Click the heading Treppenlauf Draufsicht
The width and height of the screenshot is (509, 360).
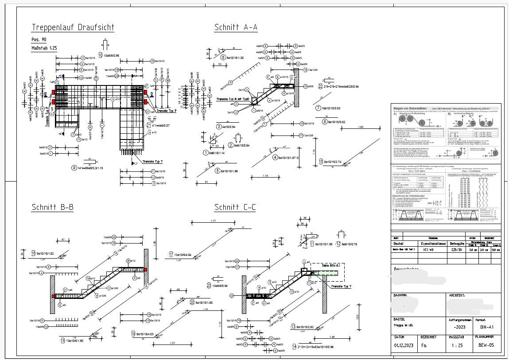pos(73,27)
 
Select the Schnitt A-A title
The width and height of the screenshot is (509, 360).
pos(236,27)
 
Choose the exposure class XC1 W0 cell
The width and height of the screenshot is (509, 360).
pos(429,250)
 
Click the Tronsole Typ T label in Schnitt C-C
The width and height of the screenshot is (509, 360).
pos(340,286)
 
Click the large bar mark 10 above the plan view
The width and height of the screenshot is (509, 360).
pos(101,55)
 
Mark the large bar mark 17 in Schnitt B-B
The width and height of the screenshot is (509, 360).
pos(171,255)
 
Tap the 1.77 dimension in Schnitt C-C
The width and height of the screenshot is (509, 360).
pos(214,221)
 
